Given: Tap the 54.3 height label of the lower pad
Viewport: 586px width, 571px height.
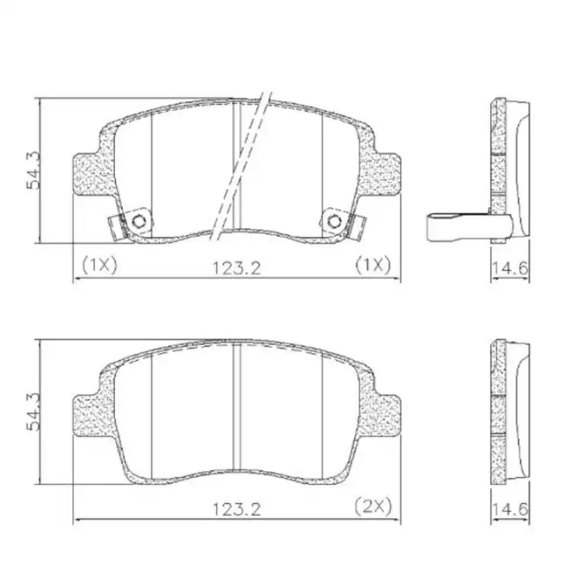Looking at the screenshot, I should click(34, 412).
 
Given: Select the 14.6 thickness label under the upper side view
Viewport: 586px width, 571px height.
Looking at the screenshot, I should click(510, 268).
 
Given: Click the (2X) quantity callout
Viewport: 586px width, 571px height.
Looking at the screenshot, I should click(373, 505).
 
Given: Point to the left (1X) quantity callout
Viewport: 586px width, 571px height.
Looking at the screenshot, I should click(98, 265).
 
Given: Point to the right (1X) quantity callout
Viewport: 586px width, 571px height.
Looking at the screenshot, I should click(373, 265).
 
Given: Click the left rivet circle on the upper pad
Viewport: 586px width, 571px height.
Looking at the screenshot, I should click(138, 221).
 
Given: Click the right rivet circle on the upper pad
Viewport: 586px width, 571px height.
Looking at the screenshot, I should click(334, 221).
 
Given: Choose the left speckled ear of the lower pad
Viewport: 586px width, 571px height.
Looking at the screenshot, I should click(90, 415).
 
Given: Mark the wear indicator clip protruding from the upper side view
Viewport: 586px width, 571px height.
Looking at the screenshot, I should click(454, 226).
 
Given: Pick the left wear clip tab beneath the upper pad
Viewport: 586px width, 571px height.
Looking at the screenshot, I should click(117, 226).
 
